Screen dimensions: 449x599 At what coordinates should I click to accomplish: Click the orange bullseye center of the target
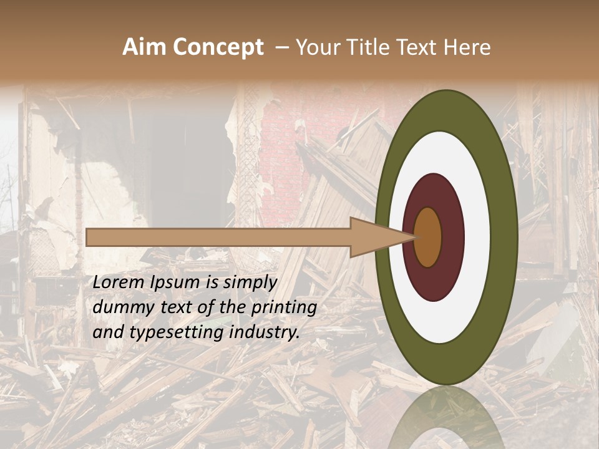coord(428,237)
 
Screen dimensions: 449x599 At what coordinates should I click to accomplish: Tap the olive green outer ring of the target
coord(504,237)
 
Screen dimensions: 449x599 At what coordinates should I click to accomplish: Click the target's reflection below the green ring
coord(446,418)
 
